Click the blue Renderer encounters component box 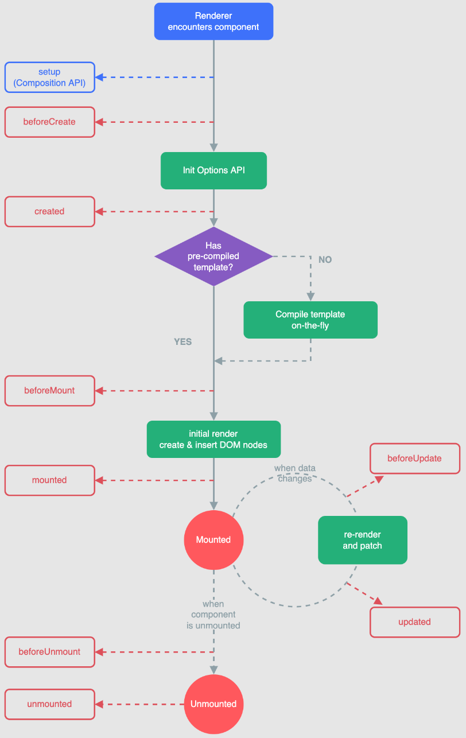pos(213,21)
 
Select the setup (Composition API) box pos(49,77)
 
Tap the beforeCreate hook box pos(49,122)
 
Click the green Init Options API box pos(213,170)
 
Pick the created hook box pos(49,211)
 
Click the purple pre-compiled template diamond pos(213,256)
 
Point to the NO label pos(325,260)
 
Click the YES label pos(182,342)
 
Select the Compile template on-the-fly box pos(310,320)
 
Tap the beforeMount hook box pos(49,390)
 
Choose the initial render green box pos(213,439)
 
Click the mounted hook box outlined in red pos(49,480)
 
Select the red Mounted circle pos(213,540)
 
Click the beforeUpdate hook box pos(414,459)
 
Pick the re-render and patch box pos(363,540)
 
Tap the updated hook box pos(414,622)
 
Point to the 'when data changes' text pos(294,473)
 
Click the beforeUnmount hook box pos(49,652)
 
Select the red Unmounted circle pos(213,704)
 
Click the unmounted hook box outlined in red pos(49,704)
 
